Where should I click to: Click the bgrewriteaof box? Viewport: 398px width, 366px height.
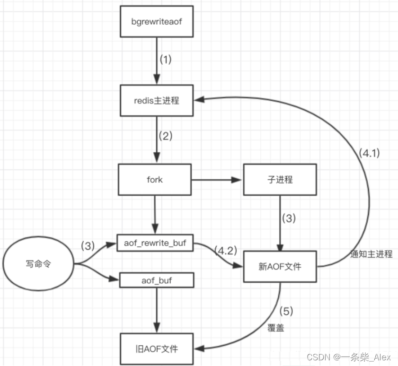pos(157,22)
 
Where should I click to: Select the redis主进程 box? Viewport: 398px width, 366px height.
pos(157,101)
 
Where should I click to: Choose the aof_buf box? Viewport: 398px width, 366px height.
pos(157,280)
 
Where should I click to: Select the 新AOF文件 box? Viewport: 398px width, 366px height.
pos(280,266)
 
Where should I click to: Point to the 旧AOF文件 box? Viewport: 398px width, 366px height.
pos(157,349)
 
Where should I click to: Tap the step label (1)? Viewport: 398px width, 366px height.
pos(166,60)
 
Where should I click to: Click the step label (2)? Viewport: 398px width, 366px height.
pos(166,137)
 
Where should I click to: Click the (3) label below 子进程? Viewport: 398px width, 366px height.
pos(290,219)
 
